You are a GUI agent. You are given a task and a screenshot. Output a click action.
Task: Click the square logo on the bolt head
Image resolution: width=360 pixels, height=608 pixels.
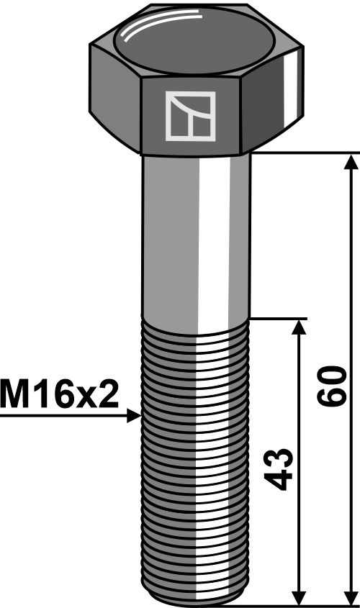point(190,115)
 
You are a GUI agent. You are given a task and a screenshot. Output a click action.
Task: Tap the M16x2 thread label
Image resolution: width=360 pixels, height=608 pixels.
point(59,395)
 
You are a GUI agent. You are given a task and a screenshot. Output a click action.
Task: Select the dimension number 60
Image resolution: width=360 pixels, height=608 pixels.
point(333,386)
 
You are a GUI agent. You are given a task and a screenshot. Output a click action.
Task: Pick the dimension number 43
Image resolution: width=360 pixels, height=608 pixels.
point(280,468)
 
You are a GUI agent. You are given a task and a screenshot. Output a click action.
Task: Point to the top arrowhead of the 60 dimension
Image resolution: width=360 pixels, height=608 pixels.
point(351,161)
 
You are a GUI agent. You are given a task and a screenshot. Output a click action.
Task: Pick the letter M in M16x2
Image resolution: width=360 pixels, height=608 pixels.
point(15,395)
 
